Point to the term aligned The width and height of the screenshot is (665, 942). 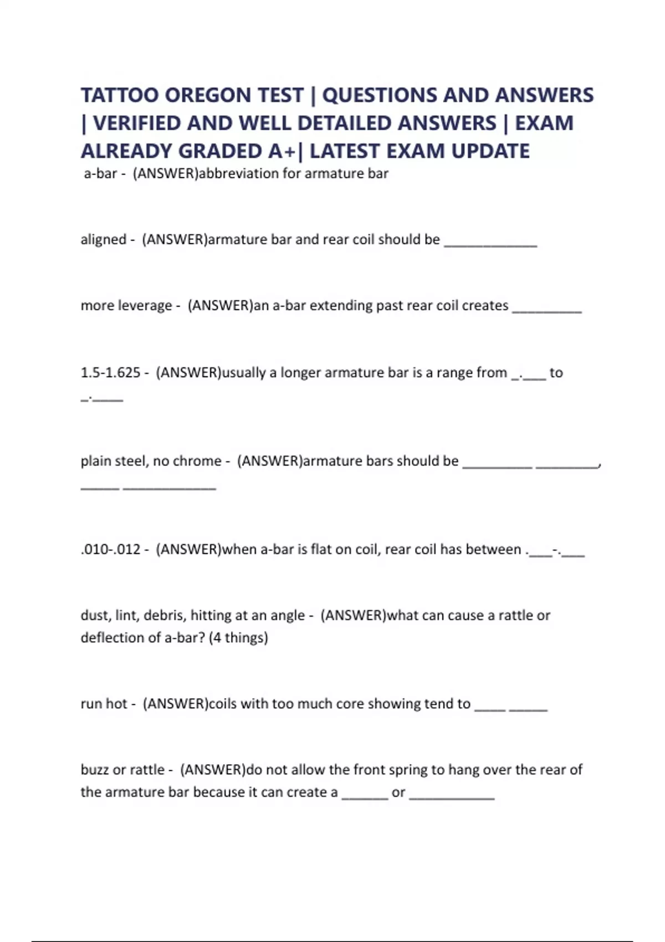tap(104, 239)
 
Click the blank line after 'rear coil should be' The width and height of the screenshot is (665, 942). tap(490, 244)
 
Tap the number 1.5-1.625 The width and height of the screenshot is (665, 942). tap(110, 372)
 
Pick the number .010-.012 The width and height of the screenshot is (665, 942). tap(110, 550)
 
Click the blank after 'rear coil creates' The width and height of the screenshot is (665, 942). tap(547, 310)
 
